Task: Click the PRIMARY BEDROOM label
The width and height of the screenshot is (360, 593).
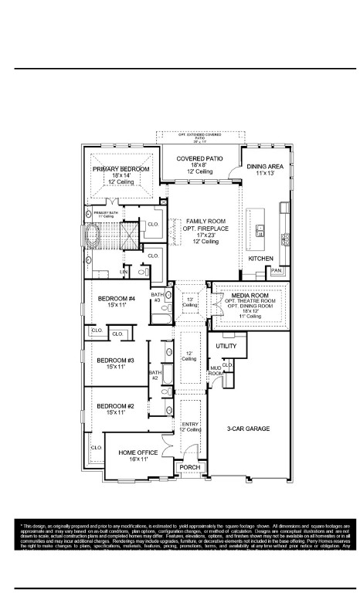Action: [x=121, y=168]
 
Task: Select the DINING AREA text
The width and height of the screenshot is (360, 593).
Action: [x=265, y=167]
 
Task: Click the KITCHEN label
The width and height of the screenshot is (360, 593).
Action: [x=260, y=259]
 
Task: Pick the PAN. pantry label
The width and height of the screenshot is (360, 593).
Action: [x=276, y=271]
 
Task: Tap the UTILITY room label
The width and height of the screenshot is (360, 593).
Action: [x=226, y=347]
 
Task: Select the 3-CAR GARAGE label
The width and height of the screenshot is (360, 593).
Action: [x=247, y=428]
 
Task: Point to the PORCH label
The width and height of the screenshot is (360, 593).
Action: [x=188, y=468]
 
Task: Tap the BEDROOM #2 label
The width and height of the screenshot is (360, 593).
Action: [x=115, y=406]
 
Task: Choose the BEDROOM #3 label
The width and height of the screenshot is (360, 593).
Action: [x=115, y=361]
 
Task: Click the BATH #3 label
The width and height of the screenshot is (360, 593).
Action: [x=157, y=296]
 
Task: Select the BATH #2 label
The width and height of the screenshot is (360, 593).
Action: [x=155, y=375]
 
